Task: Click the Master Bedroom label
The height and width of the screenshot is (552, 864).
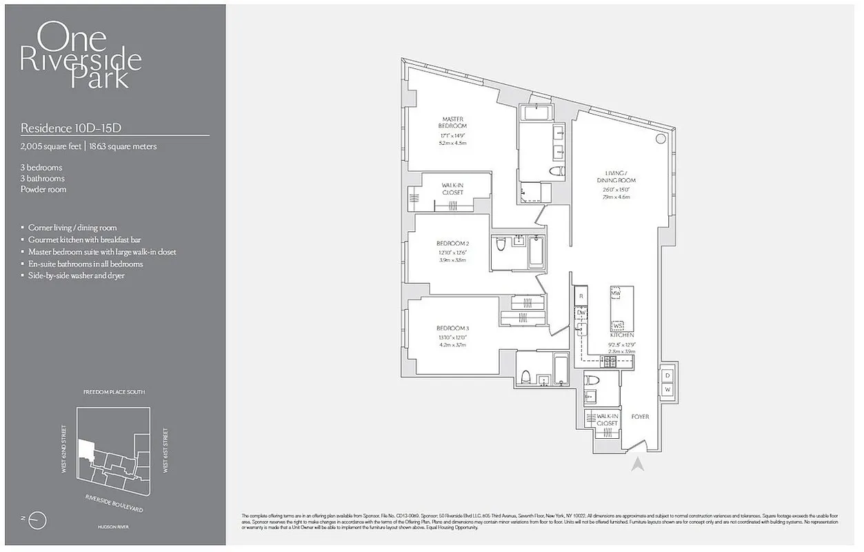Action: [x=452, y=122]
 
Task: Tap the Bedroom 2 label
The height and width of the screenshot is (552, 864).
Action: [x=452, y=244]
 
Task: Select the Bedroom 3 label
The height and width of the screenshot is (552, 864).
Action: [x=452, y=328]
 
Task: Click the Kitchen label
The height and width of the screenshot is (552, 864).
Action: [x=622, y=335]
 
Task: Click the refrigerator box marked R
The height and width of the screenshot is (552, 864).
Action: [x=581, y=296]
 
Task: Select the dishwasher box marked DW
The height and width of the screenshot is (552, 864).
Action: [x=581, y=313]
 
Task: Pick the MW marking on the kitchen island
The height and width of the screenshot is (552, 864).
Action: [x=616, y=293]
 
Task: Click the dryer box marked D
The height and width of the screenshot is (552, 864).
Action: [x=667, y=375]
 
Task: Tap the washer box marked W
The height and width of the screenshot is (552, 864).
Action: [x=667, y=390]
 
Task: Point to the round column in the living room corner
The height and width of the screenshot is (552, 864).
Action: [x=660, y=139]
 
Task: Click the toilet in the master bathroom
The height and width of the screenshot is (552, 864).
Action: [x=556, y=171]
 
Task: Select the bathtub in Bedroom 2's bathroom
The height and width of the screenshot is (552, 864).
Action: [x=536, y=253]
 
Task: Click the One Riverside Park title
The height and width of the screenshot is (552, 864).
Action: [x=81, y=55]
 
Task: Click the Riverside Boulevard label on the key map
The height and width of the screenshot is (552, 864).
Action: [x=114, y=502]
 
